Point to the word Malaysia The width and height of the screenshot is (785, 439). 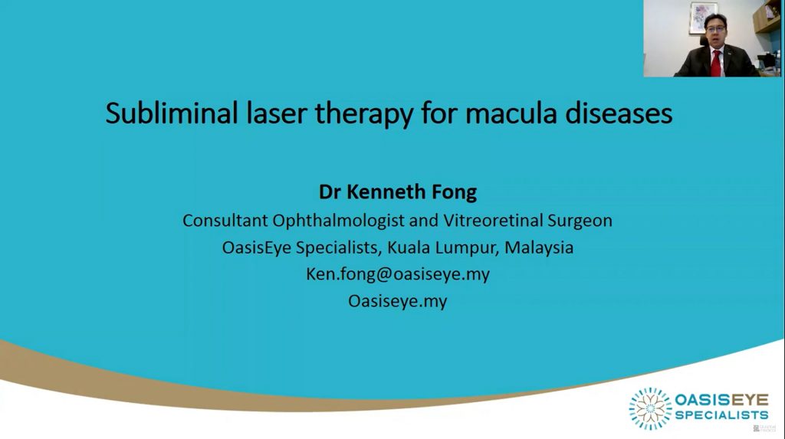tap(539, 247)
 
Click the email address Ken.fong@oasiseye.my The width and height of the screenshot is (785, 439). tap(398, 274)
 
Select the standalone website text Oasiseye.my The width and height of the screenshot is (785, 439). tap(398, 301)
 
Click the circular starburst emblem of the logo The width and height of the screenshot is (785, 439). tap(650, 408)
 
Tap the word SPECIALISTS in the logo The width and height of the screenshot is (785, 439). tap(721, 415)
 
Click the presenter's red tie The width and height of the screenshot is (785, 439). tap(716, 63)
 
